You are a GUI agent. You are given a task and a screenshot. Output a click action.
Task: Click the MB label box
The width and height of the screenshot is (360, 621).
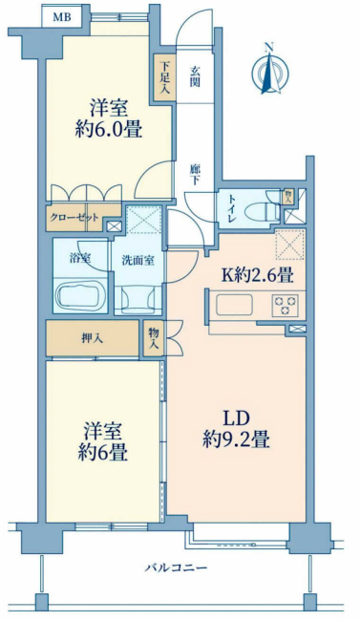[61, 17]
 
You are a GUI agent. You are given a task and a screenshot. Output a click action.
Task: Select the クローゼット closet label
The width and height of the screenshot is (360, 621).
[74, 217]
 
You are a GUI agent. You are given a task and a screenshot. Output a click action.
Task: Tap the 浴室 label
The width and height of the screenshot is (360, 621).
[78, 258]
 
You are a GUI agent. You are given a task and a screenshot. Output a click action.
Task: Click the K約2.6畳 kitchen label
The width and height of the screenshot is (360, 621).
[257, 275]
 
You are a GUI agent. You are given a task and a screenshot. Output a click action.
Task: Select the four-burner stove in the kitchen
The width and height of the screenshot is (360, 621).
[286, 306]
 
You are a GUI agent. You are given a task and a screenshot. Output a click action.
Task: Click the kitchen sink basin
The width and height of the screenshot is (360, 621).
[235, 306]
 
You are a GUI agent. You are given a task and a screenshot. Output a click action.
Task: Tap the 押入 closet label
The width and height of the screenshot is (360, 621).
[92, 337]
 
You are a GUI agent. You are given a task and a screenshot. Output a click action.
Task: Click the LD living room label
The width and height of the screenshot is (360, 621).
[236, 417]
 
